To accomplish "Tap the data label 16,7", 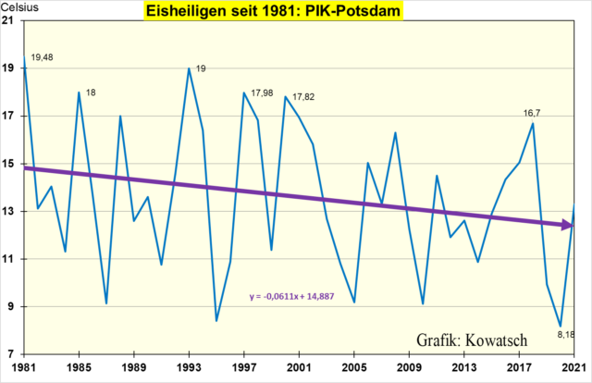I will click(x=535, y=113).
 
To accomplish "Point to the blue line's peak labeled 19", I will click(x=189, y=68).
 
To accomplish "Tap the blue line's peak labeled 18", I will click(x=79, y=93).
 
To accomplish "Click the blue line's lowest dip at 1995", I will click(x=216, y=320).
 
